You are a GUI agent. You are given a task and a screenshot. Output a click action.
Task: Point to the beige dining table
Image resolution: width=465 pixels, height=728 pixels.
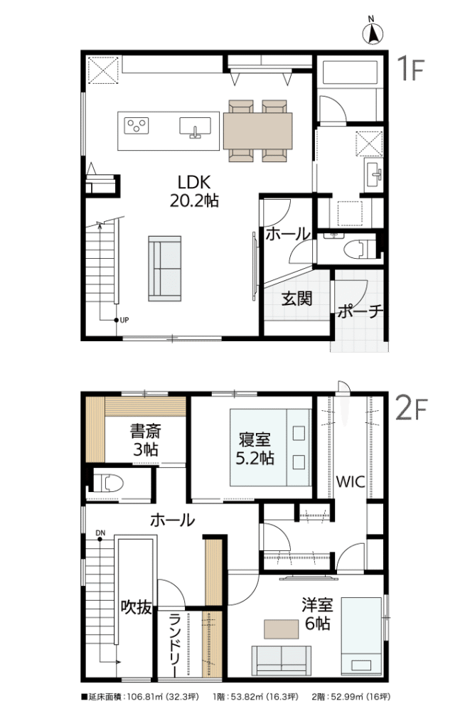click(258, 131)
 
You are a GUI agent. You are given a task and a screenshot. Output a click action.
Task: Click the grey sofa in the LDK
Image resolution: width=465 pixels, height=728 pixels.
click(164, 269)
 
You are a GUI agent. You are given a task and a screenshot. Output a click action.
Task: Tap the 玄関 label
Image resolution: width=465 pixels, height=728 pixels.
click(296, 299)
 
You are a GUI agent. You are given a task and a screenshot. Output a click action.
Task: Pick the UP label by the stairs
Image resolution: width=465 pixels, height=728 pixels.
click(124, 320)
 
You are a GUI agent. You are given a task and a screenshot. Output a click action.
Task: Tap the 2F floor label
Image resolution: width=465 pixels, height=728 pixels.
click(410, 409)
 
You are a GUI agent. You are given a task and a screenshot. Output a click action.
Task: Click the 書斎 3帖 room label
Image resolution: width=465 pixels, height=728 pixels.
click(145, 440)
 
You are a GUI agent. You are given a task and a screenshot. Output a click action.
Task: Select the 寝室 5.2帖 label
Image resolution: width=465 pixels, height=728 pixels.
click(255, 449)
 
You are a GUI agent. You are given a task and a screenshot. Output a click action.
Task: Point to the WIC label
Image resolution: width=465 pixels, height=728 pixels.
click(351, 481)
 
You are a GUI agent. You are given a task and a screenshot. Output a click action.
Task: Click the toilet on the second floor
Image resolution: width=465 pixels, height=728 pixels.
click(109, 483)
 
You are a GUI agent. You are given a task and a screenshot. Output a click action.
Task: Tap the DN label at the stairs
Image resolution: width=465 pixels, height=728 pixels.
click(100, 532)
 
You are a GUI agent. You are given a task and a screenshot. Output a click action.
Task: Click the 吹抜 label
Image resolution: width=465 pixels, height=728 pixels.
click(136, 606)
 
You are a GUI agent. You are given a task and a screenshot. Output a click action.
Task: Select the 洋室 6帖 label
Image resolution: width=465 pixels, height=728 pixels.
click(317, 614)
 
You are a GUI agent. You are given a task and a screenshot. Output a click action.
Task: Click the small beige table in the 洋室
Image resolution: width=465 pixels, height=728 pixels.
click(282, 629)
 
